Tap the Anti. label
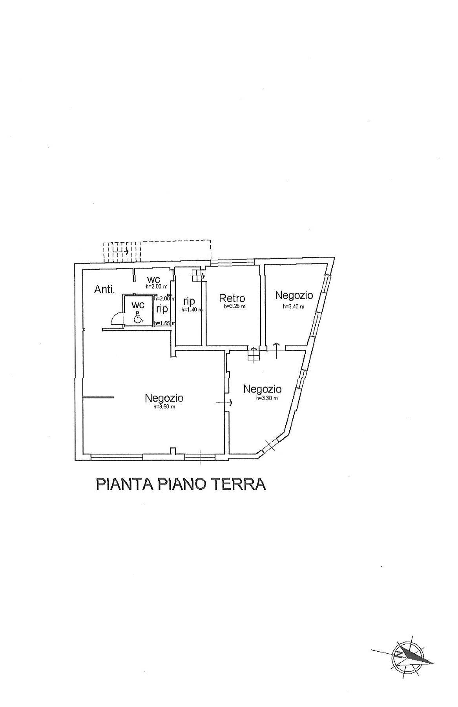pyautogui.click(x=104, y=290)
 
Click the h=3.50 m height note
pyautogui.click(x=164, y=407)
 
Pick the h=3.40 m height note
pyautogui.click(x=294, y=307)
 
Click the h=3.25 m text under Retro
pyautogui.click(x=234, y=307)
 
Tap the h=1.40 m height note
pyautogui.click(x=192, y=310)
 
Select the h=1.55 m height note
pyautogui.click(x=164, y=323)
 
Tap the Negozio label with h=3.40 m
pyautogui.click(x=294, y=295)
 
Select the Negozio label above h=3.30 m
pyautogui.click(x=262, y=389)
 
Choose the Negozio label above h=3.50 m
pyautogui.click(x=164, y=398)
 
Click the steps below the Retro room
pyautogui.click(x=254, y=354)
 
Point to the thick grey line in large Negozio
pyautogui.click(x=99, y=398)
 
